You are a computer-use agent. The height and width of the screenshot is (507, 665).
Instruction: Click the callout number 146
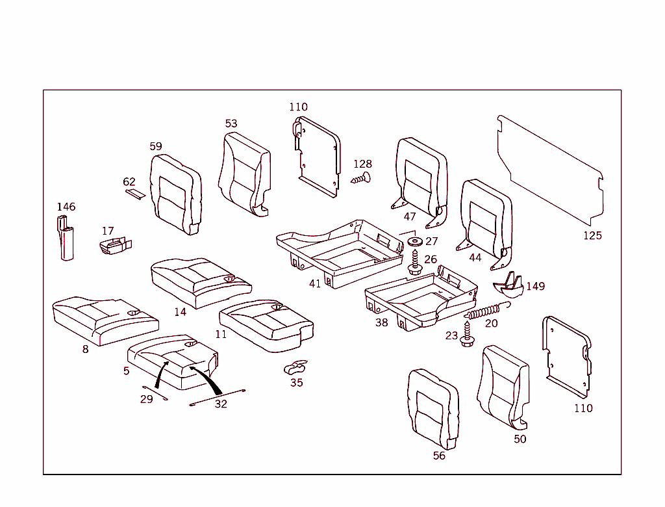point(66,207)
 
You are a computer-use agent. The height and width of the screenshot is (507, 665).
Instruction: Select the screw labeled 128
point(361,177)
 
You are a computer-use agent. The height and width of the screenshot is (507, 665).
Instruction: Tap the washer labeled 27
point(414,242)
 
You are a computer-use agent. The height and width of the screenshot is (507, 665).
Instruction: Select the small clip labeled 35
point(295,368)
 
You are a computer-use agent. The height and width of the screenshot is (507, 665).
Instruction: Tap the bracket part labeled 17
point(114,246)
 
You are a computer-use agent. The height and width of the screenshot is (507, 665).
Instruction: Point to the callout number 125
point(592,235)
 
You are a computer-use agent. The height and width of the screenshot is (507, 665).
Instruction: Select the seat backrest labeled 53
point(244,172)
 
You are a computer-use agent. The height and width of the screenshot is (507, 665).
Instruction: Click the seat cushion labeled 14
point(200,282)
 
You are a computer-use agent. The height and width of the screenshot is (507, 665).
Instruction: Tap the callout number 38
point(381,322)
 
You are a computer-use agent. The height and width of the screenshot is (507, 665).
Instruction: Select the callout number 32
point(221,404)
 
